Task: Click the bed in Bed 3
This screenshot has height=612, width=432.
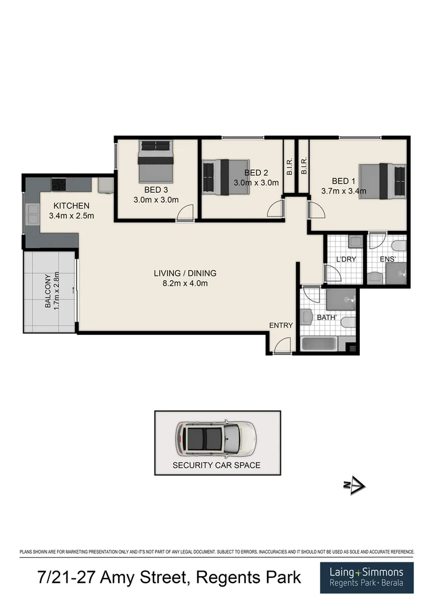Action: click(156, 162)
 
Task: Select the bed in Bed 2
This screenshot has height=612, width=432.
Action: click(225, 177)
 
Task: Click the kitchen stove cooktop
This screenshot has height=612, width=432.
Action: click(59, 185)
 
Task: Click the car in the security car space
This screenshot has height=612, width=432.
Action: click(216, 437)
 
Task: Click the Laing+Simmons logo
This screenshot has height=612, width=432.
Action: click(367, 577)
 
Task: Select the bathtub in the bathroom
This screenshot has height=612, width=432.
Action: click(319, 345)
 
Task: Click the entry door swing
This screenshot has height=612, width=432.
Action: click(281, 346)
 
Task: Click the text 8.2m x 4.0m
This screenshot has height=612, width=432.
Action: click(185, 283)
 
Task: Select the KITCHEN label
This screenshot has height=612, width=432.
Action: click(72, 206)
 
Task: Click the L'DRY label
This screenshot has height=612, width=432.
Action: click(346, 259)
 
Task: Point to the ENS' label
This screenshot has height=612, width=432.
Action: click(386, 259)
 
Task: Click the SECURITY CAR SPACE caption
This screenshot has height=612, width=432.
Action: click(217, 465)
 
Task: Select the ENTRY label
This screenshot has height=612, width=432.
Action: click(281, 326)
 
